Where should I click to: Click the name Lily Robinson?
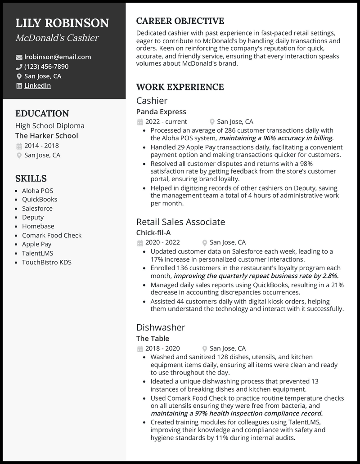(62, 23)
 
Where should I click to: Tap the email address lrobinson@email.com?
(58, 57)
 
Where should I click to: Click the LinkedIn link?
(37, 85)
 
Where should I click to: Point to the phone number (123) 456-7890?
(46, 67)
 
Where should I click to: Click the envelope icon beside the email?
(19, 58)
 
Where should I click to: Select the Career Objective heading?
(180, 21)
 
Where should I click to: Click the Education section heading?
(42, 114)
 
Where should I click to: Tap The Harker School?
(46, 136)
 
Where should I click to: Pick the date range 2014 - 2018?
(41, 146)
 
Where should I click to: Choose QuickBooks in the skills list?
(40, 199)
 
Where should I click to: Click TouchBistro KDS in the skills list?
(47, 262)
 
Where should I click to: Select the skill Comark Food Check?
(52, 235)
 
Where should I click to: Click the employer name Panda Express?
(161, 112)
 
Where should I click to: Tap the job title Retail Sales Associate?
(180, 222)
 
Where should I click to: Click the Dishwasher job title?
(161, 328)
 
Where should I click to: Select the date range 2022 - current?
(166, 121)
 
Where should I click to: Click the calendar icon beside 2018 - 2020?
(139, 348)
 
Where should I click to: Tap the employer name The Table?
(153, 339)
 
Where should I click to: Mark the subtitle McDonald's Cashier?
(57, 38)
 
